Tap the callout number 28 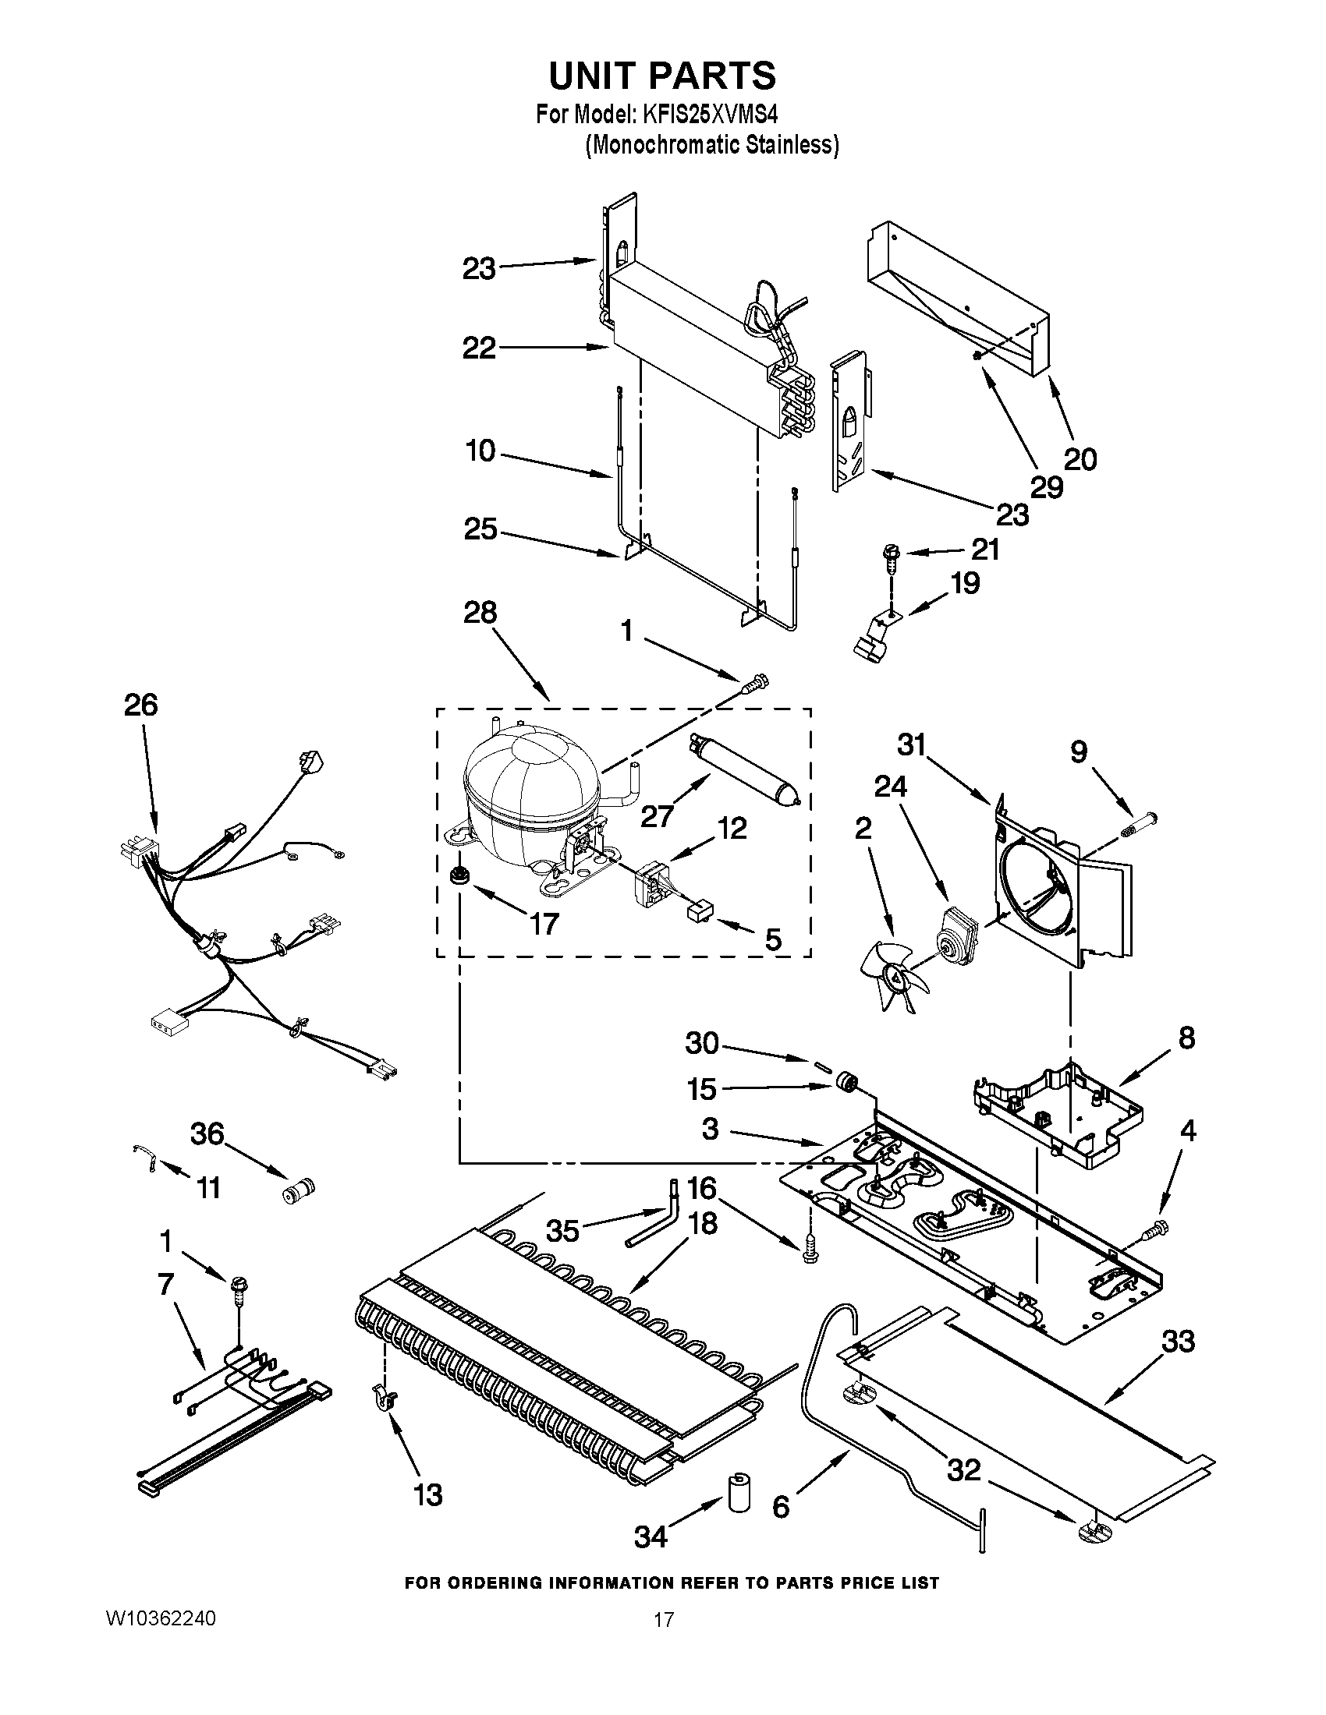[x=480, y=612]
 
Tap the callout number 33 [x=1179, y=1342]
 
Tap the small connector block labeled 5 [x=697, y=914]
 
